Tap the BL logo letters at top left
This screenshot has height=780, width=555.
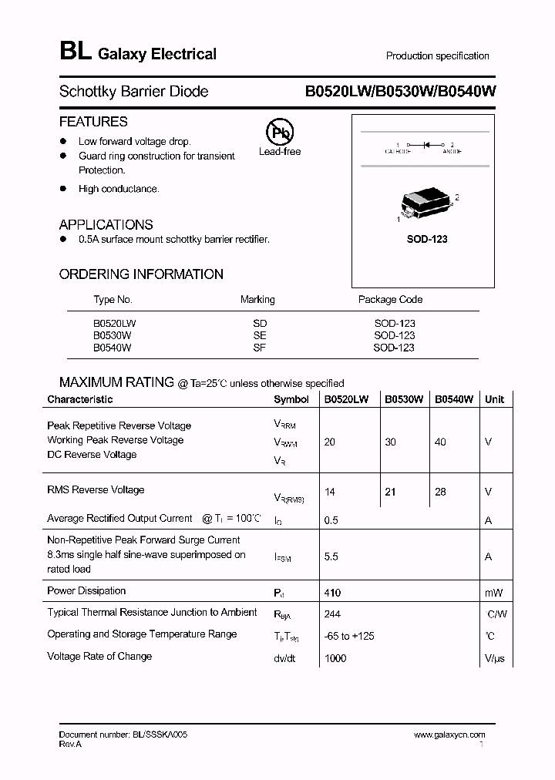(x=74, y=52)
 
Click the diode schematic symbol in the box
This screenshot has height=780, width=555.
(x=423, y=145)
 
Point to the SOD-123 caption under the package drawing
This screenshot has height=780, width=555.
(x=427, y=239)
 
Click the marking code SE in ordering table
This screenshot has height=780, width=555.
(x=259, y=335)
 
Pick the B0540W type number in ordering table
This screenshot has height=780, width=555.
(x=113, y=348)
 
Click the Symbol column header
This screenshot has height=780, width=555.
(x=291, y=399)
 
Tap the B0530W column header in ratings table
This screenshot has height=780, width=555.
(x=404, y=399)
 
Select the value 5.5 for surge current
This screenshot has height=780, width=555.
(x=331, y=556)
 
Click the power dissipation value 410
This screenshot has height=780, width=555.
(x=332, y=593)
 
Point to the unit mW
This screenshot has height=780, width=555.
(x=493, y=593)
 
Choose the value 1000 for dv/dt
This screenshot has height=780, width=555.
(x=335, y=658)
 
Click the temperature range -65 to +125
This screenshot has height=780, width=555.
(x=352, y=636)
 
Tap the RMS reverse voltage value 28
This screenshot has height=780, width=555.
(x=440, y=492)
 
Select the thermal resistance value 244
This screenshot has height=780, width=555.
(x=332, y=614)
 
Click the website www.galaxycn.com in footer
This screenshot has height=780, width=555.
(x=449, y=735)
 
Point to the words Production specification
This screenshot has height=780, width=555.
(x=437, y=55)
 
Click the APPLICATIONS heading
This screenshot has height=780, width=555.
(x=106, y=225)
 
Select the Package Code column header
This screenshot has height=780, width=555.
(x=390, y=299)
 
